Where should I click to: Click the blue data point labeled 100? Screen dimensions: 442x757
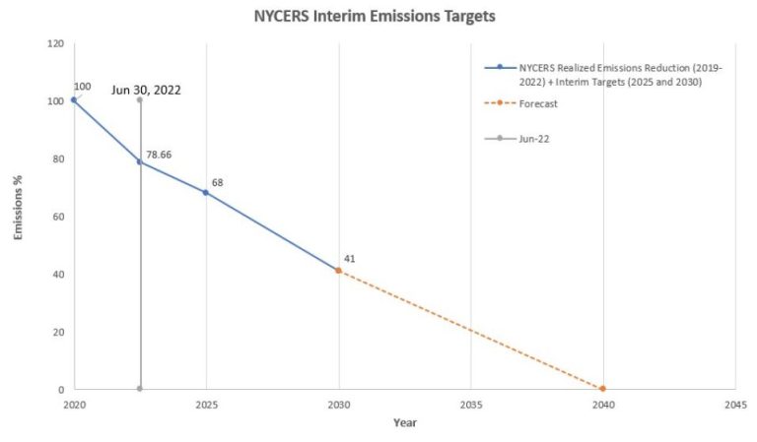point(74,100)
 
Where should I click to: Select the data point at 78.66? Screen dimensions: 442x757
point(140,161)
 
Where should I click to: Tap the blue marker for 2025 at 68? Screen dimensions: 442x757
point(206,192)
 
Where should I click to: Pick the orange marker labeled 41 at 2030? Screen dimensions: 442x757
point(338,270)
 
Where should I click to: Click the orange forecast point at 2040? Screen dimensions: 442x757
point(602,389)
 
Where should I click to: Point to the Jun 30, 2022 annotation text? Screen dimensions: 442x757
point(145,90)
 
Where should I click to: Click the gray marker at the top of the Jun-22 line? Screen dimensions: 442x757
point(140,99)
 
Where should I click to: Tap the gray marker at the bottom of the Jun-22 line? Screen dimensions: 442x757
point(140,389)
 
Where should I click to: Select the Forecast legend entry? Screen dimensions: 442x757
point(532,103)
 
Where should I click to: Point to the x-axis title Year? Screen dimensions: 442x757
point(404,423)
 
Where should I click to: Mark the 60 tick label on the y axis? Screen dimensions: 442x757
point(58,217)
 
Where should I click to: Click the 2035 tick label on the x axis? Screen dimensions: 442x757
point(470,405)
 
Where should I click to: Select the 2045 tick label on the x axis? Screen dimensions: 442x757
point(734,405)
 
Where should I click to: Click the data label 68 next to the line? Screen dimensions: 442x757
point(218,182)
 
